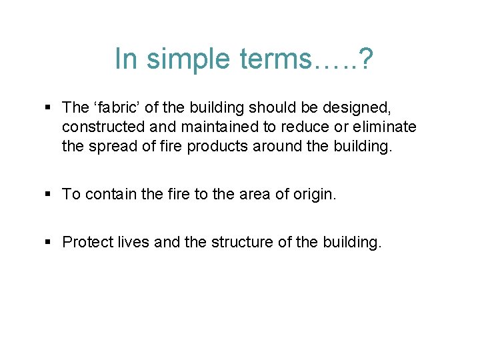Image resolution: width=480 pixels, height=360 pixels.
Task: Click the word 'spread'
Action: pyautogui.click(x=112, y=146)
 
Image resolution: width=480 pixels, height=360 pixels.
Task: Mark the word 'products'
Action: pyautogui.click(x=215, y=146)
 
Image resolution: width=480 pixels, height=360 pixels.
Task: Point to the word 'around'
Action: pyautogui.click(x=273, y=146)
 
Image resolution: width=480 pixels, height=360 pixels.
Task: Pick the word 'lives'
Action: pyautogui.click(x=131, y=242)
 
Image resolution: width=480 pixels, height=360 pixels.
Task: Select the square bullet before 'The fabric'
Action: pyautogui.click(x=51, y=107)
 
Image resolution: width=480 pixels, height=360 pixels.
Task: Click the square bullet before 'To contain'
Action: pyautogui.click(x=51, y=194)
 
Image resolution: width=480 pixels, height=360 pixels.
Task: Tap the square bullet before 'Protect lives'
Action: pyautogui.click(x=51, y=242)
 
